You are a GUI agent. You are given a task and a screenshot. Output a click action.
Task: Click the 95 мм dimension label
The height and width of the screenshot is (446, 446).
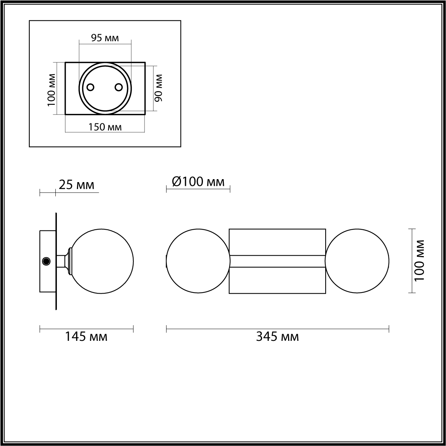105,38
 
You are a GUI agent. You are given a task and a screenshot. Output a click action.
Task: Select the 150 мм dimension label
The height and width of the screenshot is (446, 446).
105,127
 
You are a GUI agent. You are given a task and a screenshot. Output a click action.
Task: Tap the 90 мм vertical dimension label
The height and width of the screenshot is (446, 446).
159,88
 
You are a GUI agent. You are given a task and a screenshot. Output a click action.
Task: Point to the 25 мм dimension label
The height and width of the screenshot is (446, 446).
77,184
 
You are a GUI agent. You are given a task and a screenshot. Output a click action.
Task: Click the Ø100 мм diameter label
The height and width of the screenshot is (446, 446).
198,182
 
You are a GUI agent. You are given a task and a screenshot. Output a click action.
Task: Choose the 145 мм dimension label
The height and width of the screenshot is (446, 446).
86,337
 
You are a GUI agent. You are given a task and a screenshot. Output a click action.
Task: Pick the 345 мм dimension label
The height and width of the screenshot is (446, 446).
277,337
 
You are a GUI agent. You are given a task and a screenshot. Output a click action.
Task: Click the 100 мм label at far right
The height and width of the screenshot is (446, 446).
420,261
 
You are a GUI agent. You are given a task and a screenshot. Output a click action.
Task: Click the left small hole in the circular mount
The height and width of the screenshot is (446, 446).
90,87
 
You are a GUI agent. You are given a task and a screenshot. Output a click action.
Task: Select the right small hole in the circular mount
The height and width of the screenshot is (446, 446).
119,87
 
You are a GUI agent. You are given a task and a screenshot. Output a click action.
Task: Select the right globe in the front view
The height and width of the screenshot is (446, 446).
357,261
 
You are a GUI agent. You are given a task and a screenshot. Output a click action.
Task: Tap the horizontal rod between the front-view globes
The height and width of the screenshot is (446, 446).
277,261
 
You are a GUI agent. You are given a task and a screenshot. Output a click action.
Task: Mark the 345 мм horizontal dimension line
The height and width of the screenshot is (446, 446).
277,328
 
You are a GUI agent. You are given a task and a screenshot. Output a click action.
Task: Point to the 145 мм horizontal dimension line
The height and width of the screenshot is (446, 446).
86,328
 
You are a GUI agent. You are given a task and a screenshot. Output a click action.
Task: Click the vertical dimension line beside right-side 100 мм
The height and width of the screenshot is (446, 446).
411,261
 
